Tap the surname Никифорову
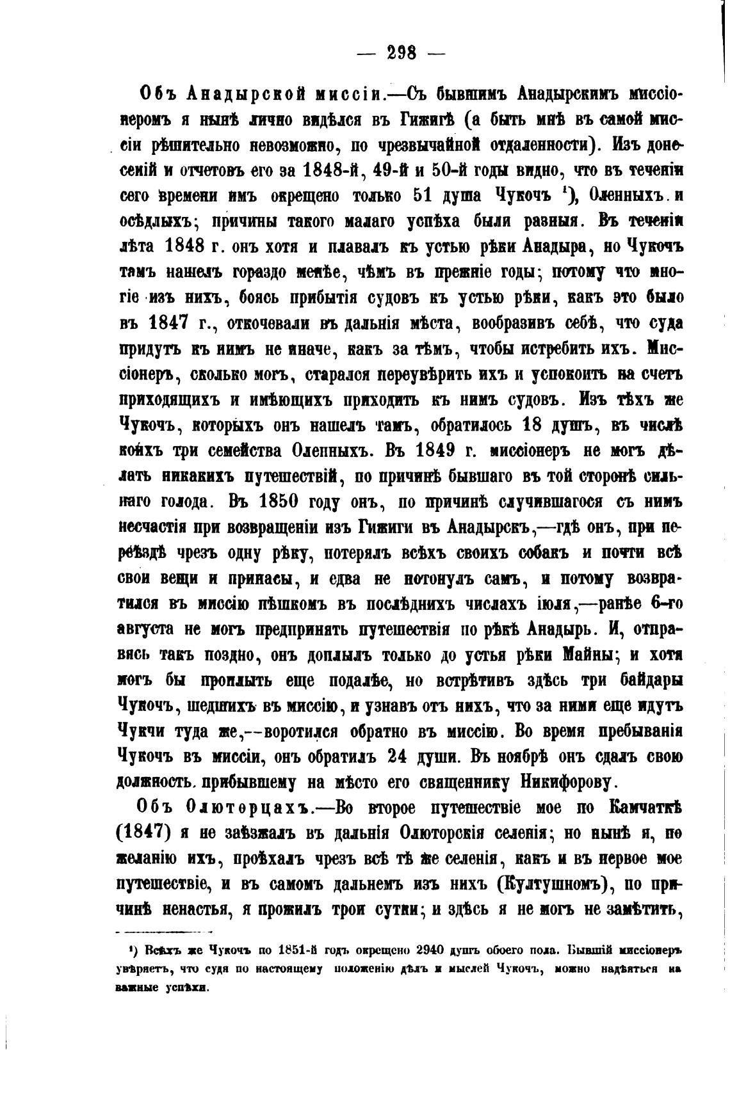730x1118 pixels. coord(569,781)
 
